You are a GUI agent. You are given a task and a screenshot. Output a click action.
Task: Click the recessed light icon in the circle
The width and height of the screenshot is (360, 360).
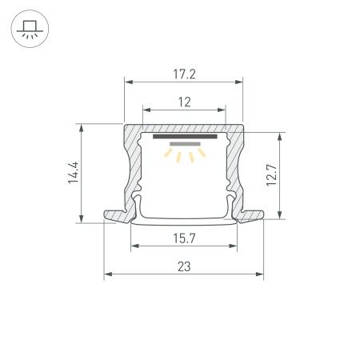point(30,30)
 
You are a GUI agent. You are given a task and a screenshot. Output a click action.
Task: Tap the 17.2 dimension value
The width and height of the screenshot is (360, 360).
point(183,73)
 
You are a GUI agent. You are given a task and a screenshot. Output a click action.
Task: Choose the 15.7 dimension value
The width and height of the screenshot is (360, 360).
point(183,238)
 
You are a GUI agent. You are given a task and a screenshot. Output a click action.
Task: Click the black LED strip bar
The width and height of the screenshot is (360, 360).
point(183,137)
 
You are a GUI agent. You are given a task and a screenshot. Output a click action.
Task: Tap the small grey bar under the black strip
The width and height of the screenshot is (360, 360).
point(183,144)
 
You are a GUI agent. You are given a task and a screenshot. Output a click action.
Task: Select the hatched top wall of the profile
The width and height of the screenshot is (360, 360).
point(183,128)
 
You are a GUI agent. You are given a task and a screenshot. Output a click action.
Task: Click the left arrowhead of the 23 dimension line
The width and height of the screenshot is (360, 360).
point(107,274)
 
